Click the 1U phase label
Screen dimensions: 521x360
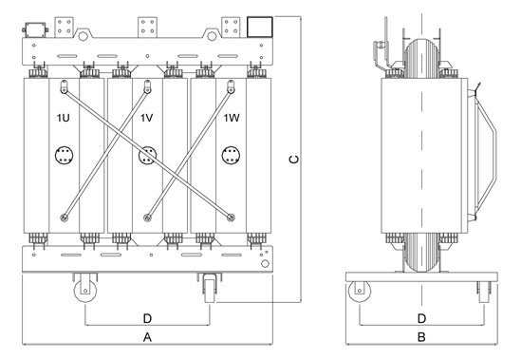coord(64,118)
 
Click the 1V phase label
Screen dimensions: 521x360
coord(146,118)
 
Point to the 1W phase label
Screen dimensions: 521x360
coord(232,118)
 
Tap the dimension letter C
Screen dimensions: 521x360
coord(294,160)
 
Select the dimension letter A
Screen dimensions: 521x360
coord(147,337)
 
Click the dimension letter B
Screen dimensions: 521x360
coord(421,337)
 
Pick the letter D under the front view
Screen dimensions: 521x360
coord(147,319)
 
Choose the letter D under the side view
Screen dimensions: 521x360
coord(421,319)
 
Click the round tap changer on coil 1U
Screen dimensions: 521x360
coord(64,156)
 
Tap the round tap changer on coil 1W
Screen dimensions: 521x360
coord(231,156)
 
